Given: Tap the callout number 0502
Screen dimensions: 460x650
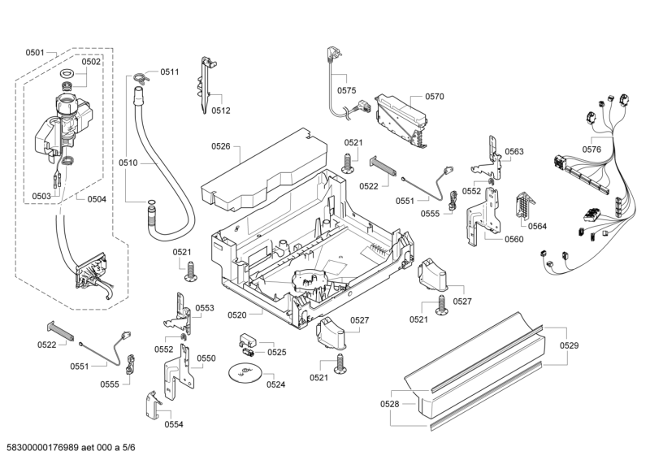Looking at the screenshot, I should [91, 61].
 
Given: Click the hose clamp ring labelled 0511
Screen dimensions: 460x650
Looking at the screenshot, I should [141, 78].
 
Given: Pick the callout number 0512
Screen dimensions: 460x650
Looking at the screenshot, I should [221, 111].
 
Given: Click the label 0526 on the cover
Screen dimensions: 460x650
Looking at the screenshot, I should [221, 146].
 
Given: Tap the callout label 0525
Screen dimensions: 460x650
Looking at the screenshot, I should [276, 352].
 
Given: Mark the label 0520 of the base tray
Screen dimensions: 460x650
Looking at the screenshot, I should [236, 315].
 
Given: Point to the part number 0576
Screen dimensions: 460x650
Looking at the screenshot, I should [591, 150].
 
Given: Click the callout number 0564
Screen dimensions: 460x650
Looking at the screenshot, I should [537, 227].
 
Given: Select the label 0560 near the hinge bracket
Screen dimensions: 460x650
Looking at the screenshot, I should [513, 239].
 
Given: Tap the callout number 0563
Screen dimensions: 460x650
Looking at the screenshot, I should [513, 152].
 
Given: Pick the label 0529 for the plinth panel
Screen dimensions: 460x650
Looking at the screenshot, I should [569, 346].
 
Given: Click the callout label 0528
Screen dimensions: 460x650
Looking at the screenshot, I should [390, 404].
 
